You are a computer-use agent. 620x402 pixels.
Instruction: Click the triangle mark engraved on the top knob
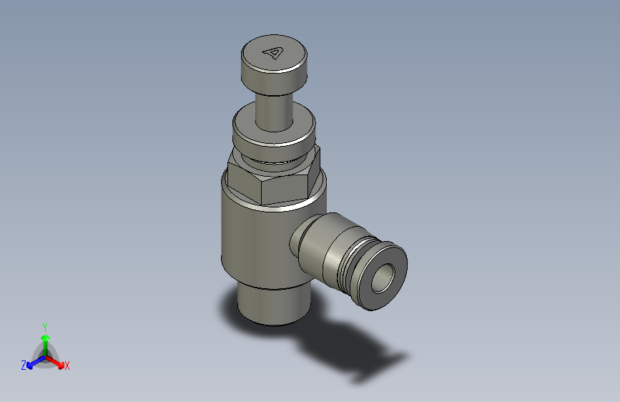(x=274, y=52)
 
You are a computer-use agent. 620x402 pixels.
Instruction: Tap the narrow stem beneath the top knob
(x=274, y=111)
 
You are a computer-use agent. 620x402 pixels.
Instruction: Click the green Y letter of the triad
(x=45, y=325)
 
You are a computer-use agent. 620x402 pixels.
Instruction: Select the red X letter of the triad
(x=67, y=366)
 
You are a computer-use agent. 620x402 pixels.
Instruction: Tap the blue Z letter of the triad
(x=24, y=366)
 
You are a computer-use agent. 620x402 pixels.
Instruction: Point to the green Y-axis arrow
(x=45, y=340)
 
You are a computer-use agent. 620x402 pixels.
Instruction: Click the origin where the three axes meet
(x=45, y=356)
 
